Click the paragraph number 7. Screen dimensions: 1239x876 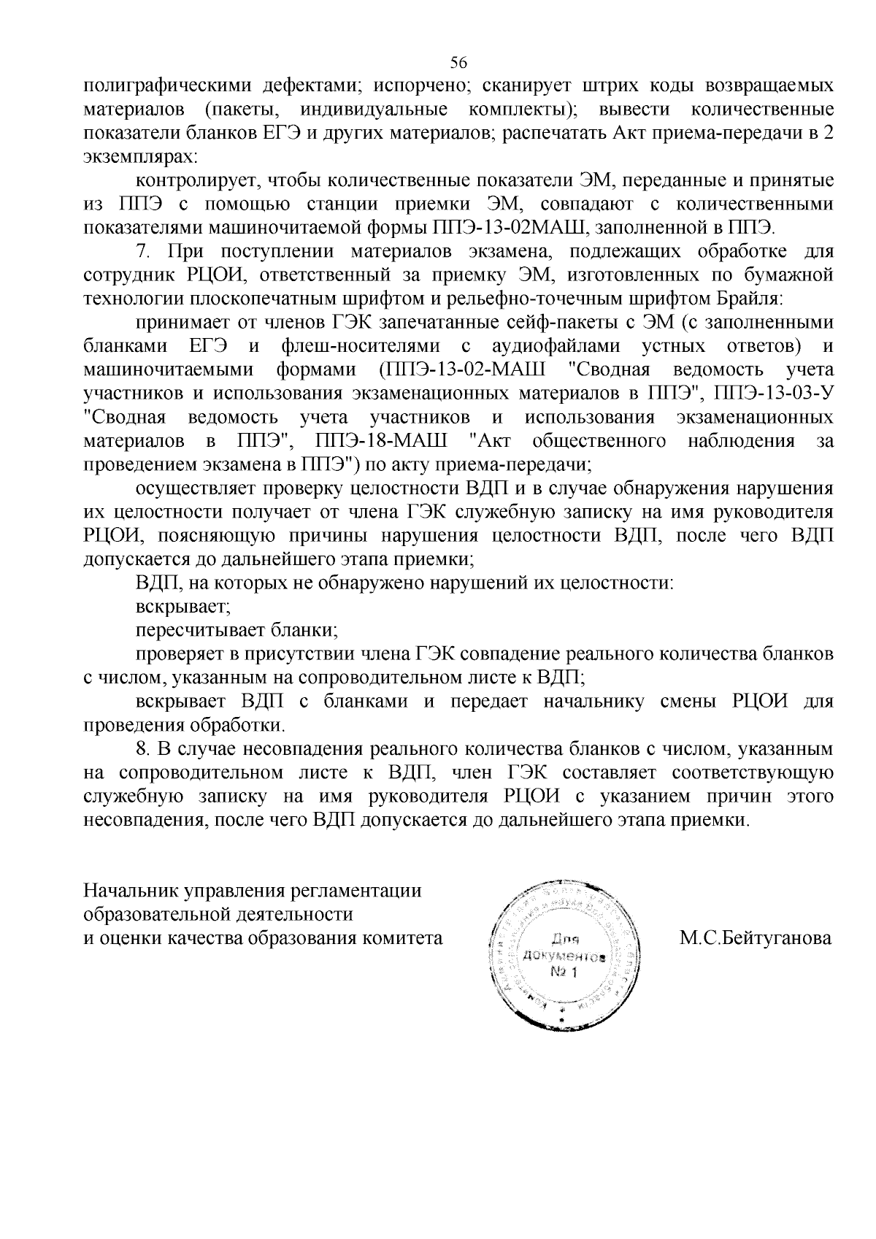(x=143, y=252)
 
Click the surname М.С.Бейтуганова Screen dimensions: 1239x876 (x=756, y=937)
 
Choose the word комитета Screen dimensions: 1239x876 (x=406, y=937)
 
